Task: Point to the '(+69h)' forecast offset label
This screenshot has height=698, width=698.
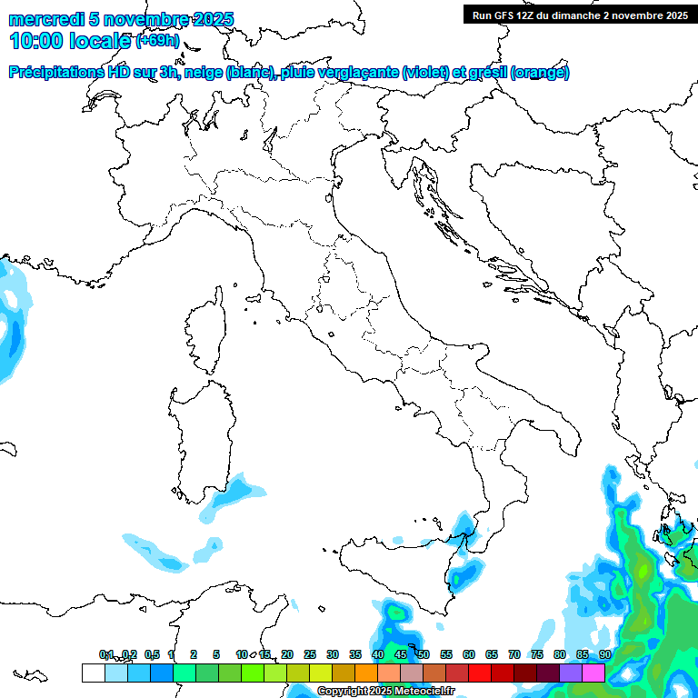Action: [157, 41]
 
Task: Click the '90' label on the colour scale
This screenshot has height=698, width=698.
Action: [604, 654]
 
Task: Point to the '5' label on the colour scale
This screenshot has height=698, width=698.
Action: [216, 654]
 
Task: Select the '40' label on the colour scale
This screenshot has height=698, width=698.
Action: [378, 654]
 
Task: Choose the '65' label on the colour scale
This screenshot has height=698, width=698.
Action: [491, 654]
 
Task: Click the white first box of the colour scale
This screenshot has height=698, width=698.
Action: [93, 673]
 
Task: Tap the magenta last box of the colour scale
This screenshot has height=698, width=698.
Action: [593, 673]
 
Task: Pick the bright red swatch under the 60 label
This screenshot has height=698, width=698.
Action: [480, 673]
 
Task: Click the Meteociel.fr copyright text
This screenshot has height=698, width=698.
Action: [385, 692]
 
